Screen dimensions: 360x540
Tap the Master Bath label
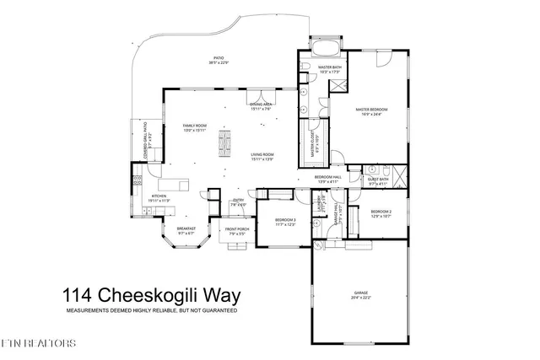(329, 69)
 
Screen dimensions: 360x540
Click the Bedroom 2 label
(381, 213)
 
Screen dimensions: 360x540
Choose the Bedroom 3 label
(285, 222)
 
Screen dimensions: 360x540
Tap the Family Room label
(195, 127)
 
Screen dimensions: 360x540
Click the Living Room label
(262, 157)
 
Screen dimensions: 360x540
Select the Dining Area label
(261, 106)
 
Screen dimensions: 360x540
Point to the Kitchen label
(160, 198)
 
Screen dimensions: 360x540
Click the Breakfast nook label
(186, 230)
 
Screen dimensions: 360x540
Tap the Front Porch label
(235, 232)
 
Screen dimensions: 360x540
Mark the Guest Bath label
(377, 180)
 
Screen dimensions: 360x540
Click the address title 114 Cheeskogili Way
(152, 296)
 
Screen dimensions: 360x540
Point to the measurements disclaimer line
(152, 311)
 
